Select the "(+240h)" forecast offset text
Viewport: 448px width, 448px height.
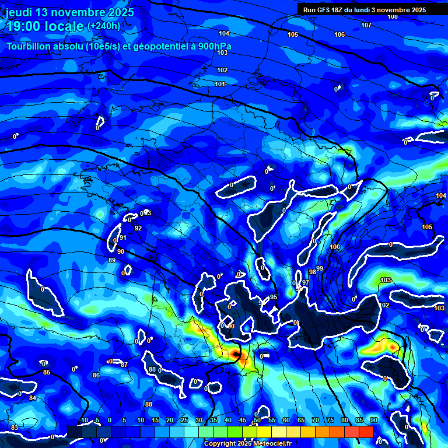click(x=104, y=26)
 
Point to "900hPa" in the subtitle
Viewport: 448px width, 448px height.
click(x=214, y=47)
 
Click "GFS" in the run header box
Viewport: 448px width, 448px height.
click(x=324, y=10)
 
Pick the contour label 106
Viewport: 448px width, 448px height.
click(x=339, y=35)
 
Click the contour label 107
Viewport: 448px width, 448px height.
click(x=366, y=26)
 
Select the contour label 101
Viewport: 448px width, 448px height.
click(x=220, y=85)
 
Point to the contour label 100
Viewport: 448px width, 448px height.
click(x=335, y=247)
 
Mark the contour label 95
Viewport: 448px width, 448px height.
click(x=274, y=297)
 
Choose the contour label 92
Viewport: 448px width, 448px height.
click(x=138, y=228)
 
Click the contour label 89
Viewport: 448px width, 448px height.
click(x=112, y=261)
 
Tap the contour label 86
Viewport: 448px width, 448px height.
click(x=96, y=375)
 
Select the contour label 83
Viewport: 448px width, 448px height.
click(x=15, y=428)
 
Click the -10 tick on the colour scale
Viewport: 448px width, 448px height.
click(x=83, y=420)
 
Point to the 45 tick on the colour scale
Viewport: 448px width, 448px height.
click(x=243, y=420)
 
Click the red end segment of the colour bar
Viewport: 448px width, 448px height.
click(x=366, y=432)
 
